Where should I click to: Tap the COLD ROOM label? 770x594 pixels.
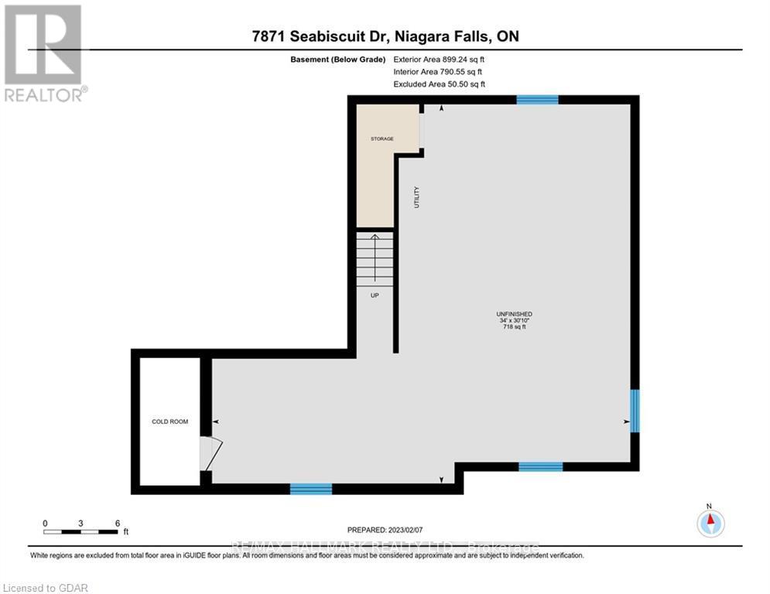[x=169, y=422]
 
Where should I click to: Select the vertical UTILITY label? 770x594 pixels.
[x=416, y=198]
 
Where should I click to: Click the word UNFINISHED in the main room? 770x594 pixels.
[x=514, y=313]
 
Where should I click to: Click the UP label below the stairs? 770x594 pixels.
[x=375, y=295]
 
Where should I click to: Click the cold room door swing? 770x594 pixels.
[x=210, y=453]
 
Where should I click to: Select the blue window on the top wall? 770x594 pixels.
[x=537, y=99]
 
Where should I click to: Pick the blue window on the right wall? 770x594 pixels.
[x=634, y=411]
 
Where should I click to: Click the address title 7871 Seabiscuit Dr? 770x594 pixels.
[x=385, y=37]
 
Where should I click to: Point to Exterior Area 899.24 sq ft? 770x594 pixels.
[x=439, y=59]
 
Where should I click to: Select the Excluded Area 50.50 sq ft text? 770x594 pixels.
[x=439, y=84]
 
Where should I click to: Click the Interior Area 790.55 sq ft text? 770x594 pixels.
[x=437, y=71]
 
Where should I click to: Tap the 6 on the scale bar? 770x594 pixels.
[x=117, y=523]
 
